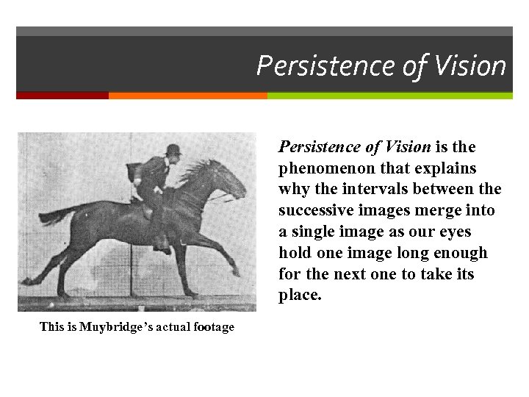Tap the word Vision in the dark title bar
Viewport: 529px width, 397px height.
469,66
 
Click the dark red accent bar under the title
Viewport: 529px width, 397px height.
62,96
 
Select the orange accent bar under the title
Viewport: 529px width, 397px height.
187,96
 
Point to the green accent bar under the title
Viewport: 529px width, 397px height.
389,96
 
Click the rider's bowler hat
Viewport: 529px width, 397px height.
174,149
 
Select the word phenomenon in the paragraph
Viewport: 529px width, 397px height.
323,168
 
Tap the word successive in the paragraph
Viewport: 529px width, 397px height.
315,211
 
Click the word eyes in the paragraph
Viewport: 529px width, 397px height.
456,232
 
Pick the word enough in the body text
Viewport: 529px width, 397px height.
458,254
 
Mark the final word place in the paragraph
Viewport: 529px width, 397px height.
300,296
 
